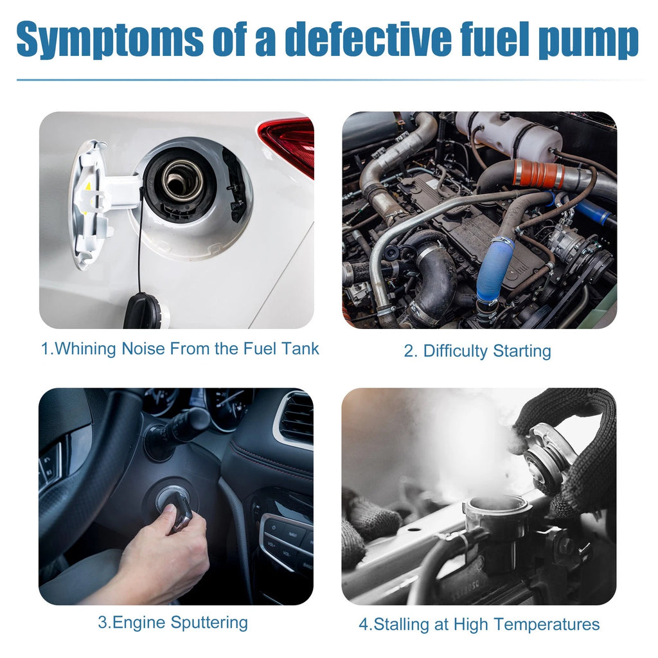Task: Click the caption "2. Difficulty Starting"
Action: [477, 351]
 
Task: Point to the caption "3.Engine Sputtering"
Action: [173, 622]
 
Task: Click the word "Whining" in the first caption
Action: [85, 349]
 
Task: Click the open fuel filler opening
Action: [182, 180]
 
